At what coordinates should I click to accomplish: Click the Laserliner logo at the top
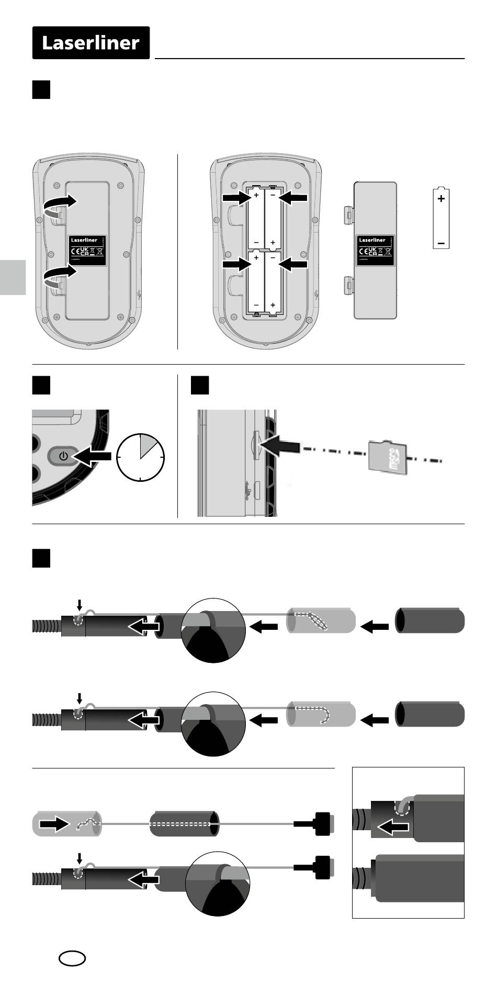tap(91, 43)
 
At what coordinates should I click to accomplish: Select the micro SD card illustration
tap(388, 457)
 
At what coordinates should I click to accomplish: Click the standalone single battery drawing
tap(442, 218)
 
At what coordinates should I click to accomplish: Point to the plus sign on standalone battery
tap(442, 199)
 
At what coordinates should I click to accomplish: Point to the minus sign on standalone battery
tap(442, 243)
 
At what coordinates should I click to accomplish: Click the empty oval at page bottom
tap(72, 958)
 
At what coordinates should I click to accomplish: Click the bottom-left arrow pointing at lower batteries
tap(236, 265)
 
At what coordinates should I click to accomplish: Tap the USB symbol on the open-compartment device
tap(316, 295)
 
